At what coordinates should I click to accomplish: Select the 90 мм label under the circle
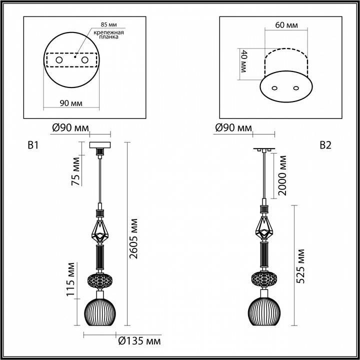tap(70, 103)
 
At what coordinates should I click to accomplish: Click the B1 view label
tap(33, 145)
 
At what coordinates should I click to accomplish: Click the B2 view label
tap(325, 145)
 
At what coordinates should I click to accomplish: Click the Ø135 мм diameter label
tap(139, 341)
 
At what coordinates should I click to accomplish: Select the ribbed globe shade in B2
tap(264, 312)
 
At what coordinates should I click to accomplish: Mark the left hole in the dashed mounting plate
tap(59, 60)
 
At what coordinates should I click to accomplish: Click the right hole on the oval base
tap(296, 88)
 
